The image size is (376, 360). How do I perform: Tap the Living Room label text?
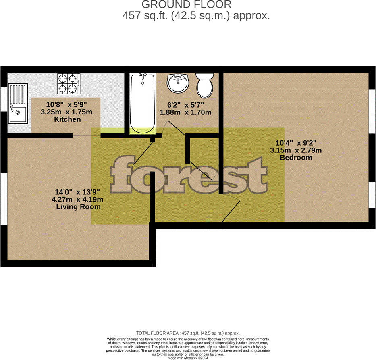click(78, 206)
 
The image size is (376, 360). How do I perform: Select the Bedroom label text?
click(296, 158)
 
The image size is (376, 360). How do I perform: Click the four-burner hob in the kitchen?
click(69, 83)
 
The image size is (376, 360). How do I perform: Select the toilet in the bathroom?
click(205, 85)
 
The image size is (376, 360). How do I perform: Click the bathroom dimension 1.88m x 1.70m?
click(185, 112)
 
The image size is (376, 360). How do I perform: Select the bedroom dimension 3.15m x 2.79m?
click(296, 150)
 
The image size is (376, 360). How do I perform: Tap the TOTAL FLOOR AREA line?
click(188, 333)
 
